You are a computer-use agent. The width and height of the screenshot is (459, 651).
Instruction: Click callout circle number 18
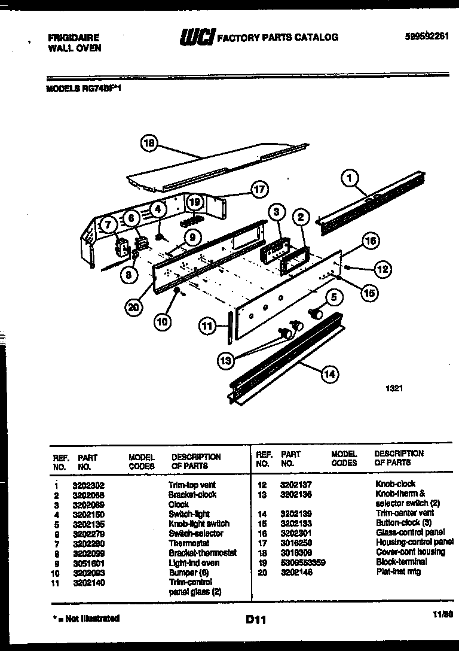pos(149,143)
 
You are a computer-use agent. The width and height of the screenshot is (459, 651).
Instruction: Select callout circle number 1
pos(351,178)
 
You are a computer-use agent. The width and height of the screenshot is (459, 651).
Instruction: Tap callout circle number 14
pos(329,375)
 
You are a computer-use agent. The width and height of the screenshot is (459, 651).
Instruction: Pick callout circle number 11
pos(206,326)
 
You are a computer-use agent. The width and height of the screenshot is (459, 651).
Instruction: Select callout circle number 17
pos(259,190)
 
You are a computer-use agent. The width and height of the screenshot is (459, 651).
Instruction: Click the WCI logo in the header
pos(197,37)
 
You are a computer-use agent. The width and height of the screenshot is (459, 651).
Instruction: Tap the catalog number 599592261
pos(426,35)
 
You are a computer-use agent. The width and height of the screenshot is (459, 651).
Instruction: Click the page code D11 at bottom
pos(256,620)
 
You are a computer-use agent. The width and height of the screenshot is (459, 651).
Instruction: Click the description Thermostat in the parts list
pos(189,543)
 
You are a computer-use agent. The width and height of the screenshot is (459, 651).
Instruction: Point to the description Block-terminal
pos(401,562)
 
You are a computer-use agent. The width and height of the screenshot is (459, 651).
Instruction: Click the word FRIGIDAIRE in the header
pos(74,37)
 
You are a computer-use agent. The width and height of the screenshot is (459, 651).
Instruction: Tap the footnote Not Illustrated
pos(86,618)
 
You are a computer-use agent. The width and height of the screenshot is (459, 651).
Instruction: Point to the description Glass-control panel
pos(410,532)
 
